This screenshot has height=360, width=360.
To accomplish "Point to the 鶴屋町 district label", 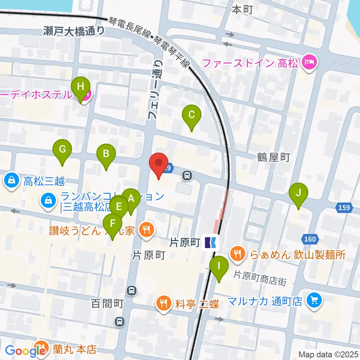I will pyautogui.click(x=274, y=157).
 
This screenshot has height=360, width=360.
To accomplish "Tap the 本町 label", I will pyautogui.click(x=242, y=10).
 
